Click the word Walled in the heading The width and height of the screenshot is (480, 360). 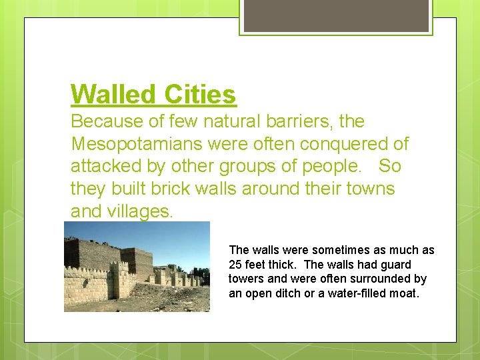pyautogui.click(x=110, y=94)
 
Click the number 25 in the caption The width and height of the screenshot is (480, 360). pyautogui.click(x=235, y=265)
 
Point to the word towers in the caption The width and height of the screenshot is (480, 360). pyautogui.click(x=246, y=279)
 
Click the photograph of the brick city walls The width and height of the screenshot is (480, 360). pyautogui.click(x=137, y=267)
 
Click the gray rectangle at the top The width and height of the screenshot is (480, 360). pyautogui.click(x=336, y=15)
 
